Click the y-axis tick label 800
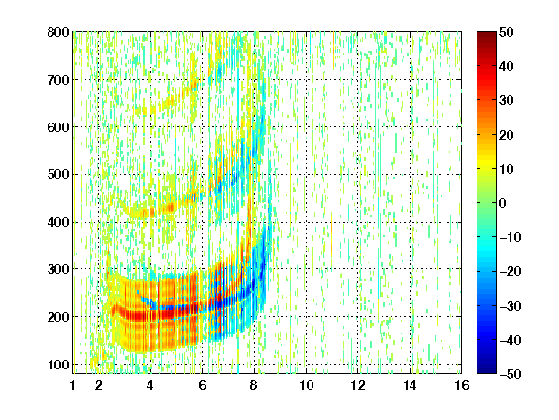[58, 32]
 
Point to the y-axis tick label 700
[58, 80]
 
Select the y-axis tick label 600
[58, 127]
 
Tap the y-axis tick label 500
[58, 175]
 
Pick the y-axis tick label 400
[58, 222]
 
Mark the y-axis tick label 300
[58, 269]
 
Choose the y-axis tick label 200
[58, 317]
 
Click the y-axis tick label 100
[58, 365]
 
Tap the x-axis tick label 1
[73, 385]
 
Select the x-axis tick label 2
[99, 385]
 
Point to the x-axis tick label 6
[203, 385]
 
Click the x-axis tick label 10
[306, 385]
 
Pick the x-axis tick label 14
[410, 385]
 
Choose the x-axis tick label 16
[462, 385]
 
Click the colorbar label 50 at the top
[507, 32]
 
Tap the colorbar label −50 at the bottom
[510, 374]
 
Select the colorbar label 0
[503, 203]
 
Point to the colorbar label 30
[507, 101]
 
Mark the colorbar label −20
[510, 272]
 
